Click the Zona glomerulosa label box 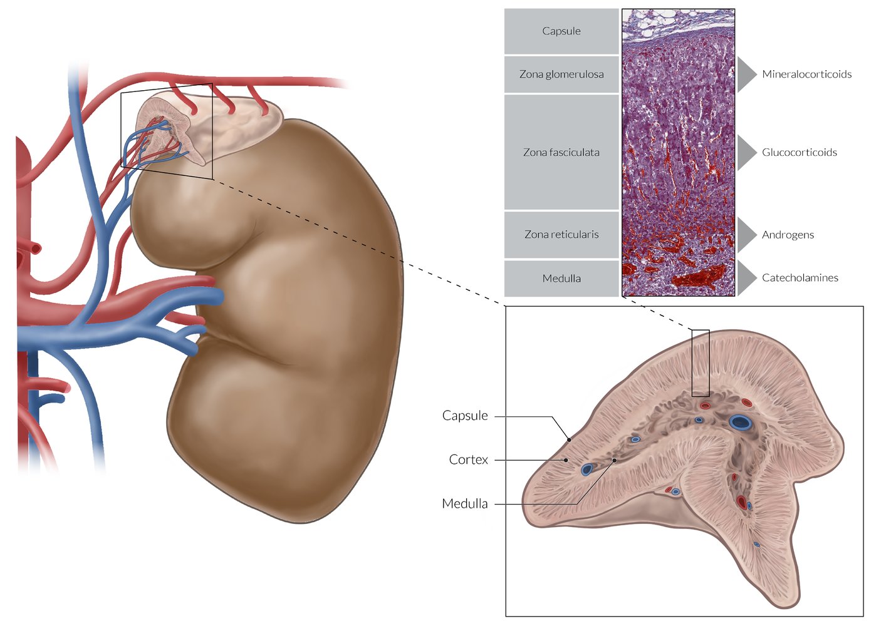pos(561,74)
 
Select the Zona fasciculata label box pos(561,152)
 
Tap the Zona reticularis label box pos(561,235)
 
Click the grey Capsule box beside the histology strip pos(561,31)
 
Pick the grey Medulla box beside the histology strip pos(561,279)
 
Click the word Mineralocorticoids pos(806,74)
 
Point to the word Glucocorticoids pos(799,152)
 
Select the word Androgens pos(788,235)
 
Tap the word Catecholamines pos(800,278)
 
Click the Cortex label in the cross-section pos(468,459)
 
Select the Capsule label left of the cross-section pos(464,416)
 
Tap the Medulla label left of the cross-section pos(464,503)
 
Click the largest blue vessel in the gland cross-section pos(741,423)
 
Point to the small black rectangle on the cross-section pos(701,363)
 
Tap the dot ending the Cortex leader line pos(566,460)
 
